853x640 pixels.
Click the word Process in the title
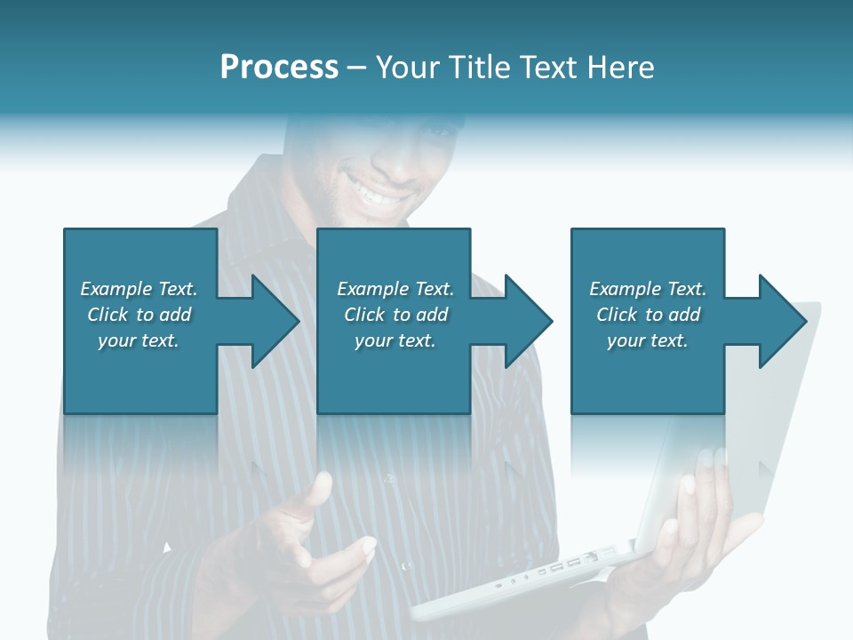(x=279, y=68)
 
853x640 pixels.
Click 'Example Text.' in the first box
(x=139, y=289)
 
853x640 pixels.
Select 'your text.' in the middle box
(x=395, y=340)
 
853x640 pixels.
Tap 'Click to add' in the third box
(x=648, y=315)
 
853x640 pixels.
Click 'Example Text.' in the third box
(x=648, y=289)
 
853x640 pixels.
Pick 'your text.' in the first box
(x=139, y=340)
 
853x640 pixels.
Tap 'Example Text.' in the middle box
(x=395, y=289)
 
